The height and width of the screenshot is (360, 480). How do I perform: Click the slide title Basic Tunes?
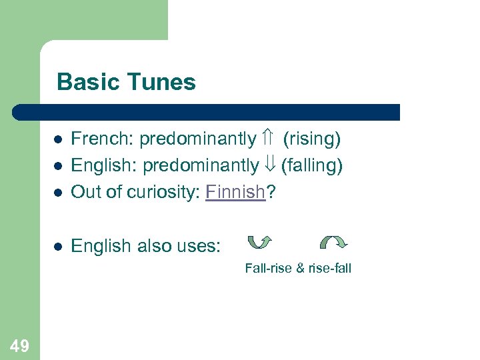[x=126, y=82]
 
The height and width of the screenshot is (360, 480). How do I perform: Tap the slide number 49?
[x=19, y=345]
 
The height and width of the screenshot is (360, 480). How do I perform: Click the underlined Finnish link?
[x=235, y=192]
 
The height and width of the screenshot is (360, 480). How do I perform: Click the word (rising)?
[x=311, y=139]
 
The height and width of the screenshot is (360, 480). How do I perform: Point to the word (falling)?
[x=311, y=165]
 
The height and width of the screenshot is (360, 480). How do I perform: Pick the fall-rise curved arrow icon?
[x=259, y=244]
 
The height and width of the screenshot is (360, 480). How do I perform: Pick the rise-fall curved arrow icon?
[x=334, y=244]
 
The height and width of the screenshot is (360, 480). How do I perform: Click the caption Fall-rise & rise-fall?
[x=297, y=269]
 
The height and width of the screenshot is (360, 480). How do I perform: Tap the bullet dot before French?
[x=58, y=140]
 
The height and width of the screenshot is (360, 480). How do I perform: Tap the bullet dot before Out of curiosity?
[x=58, y=193]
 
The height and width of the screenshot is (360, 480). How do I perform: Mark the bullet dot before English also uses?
[x=58, y=247]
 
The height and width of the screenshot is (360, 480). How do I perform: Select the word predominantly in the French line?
[x=197, y=139]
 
